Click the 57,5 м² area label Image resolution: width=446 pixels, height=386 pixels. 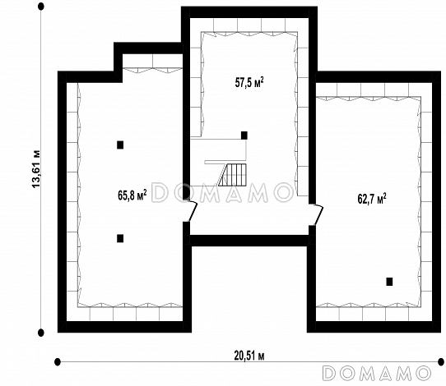(x=249, y=83)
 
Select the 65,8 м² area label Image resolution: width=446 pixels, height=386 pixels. (x=132, y=195)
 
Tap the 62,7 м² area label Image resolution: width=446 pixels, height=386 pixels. (x=372, y=199)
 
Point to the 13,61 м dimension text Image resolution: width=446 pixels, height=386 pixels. (x=36, y=169)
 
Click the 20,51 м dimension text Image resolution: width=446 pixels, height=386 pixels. (x=249, y=356)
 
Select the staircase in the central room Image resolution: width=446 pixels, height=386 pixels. (x=232, y=175)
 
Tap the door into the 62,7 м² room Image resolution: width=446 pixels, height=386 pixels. (x=318, y=215)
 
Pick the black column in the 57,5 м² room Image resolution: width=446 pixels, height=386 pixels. (x=244, y=136)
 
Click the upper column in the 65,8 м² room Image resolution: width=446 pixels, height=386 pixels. (x=120, y=145)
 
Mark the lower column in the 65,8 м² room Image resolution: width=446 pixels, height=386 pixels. (x=120, y=238)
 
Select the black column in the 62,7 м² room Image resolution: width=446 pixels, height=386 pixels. (x=389, y=282)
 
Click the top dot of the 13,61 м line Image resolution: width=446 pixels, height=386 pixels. (x=41, y=7)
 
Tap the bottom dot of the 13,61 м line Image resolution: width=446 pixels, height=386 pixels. (x=41, y=333)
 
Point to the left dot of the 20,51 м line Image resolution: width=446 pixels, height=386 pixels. (x=58, y=362)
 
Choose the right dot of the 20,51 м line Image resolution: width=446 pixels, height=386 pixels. (x=441, y=362)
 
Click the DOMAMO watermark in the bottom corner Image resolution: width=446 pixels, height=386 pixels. (x=377, y=373)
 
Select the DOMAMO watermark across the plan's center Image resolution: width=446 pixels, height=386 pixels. (x=223, y=193)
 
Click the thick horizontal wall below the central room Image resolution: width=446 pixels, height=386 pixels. (x=249, y=240)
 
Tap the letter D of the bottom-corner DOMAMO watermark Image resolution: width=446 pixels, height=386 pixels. (x=330, y=373)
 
